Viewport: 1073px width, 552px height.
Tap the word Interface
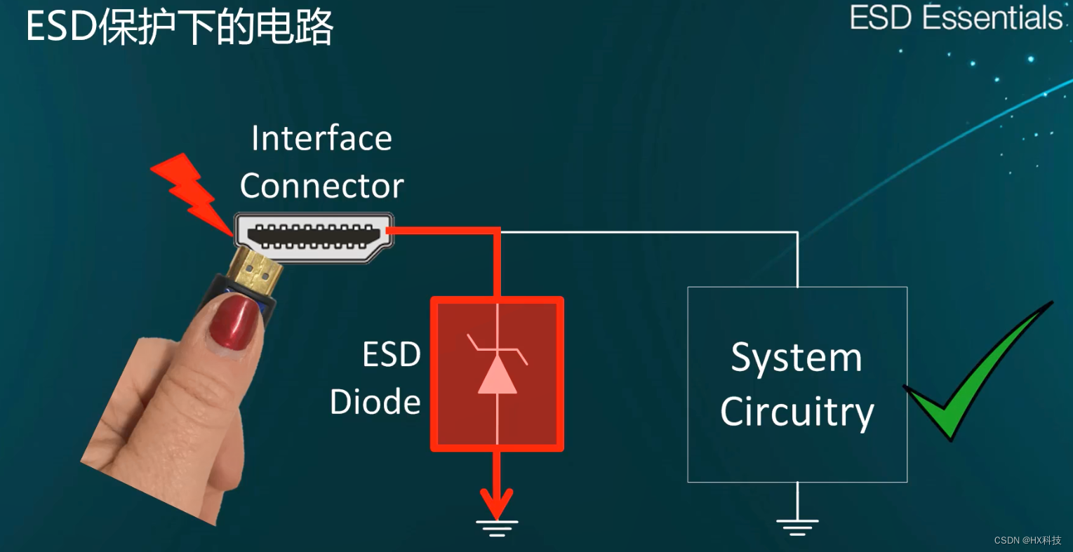pyautogui.click(x=321, y=138)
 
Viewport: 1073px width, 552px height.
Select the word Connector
pyautogui.click(x=321, y=186)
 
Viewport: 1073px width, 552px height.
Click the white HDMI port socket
pyautogui.click(x=313, y=237)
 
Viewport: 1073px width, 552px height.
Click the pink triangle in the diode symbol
pyautogui.click(x=497, y=375)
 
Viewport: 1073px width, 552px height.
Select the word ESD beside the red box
pyautogui.click(x=391, y=355)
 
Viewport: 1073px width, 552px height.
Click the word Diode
pyautogui.click(x=375, y=402)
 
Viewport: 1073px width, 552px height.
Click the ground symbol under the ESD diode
pyautogui.click(x=497, y=527)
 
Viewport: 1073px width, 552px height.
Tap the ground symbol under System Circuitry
pyautogui.click(x=797, y=527)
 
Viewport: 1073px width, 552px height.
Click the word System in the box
pyautogui.click(x=797, y=358)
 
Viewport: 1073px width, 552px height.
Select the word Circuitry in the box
pyautogui.click(x=797, y=412)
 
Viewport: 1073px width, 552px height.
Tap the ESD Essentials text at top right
pyautogui.click(x=956, y=18)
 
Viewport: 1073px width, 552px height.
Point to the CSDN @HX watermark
pyautogui.click(x=1027, y=540)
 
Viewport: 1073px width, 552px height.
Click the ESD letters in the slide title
pyautogui.click(x=61, y=28)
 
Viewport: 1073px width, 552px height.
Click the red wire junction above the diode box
pyautogui.click(x=497, y=230)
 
